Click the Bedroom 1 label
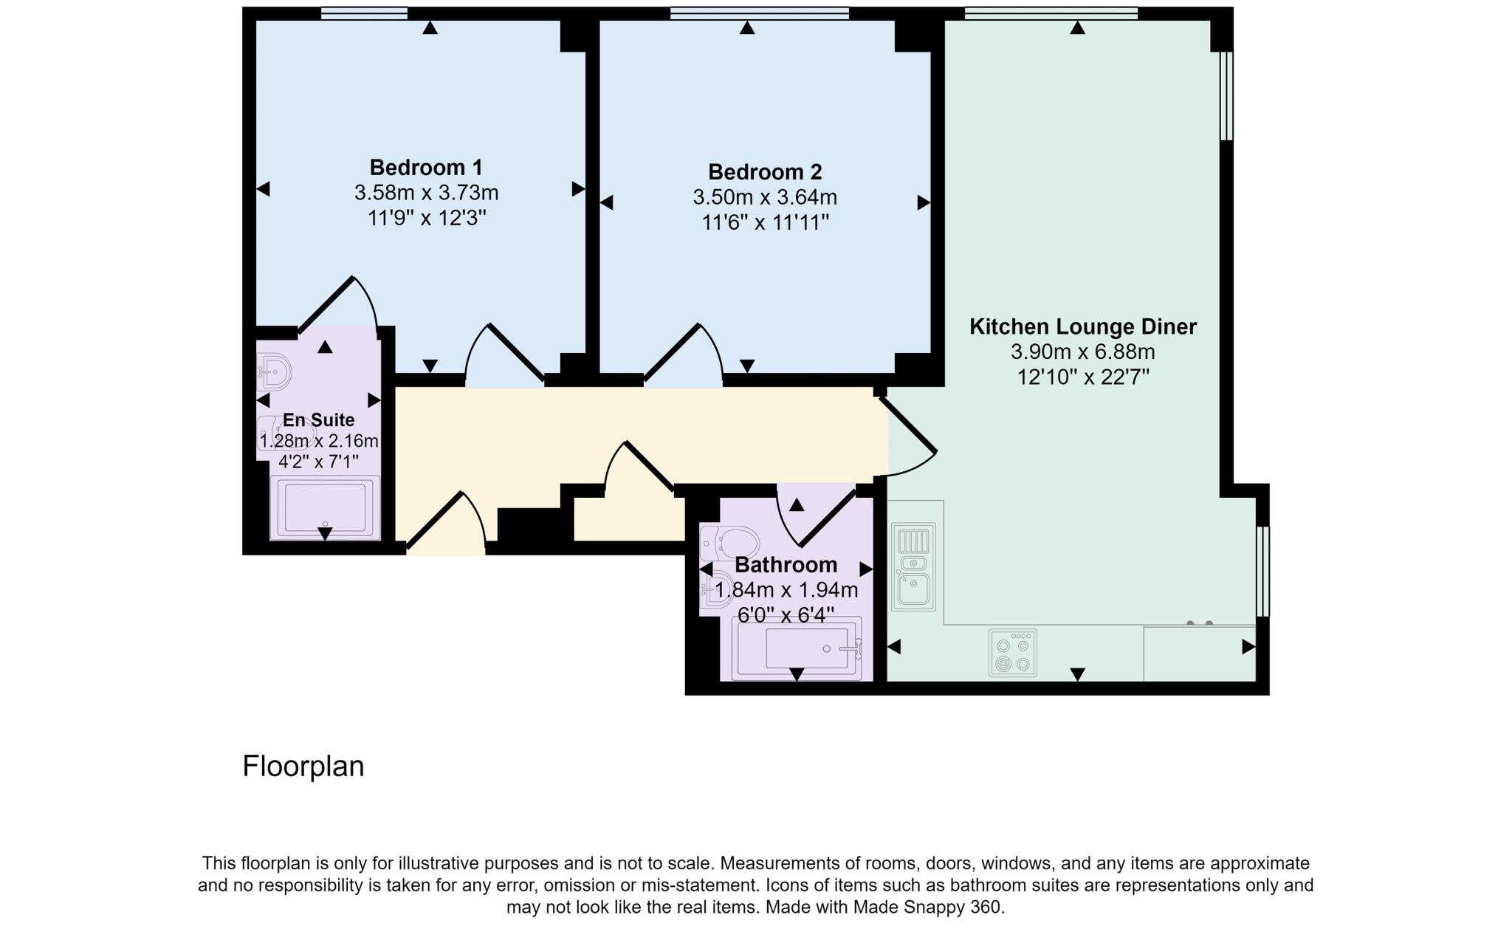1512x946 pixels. [x=426, y=167]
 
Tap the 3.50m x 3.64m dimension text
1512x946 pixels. [x=765, y=198]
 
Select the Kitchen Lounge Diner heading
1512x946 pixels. [x=1082, y=327]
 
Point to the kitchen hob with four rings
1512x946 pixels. [x=1013, y=653]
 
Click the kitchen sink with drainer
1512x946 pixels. [x=914, y=566]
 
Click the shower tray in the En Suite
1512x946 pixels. [x=325, y=507]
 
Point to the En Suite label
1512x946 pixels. [x=319, y=420]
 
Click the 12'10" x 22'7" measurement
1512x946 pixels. [x=1082, y=377]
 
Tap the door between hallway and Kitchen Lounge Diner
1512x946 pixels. [x=910, y=436]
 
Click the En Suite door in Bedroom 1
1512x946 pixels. [x=336, y=304]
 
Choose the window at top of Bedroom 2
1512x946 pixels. [x=759, y=13]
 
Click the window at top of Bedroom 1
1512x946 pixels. [x=364, y=13]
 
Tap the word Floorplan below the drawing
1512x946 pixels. [x=303, y=767]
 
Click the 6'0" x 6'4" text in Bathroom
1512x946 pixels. [x=786, y=614]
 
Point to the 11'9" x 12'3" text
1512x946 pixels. [x=426, y=219]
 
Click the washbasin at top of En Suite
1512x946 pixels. [x=275, y=372]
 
